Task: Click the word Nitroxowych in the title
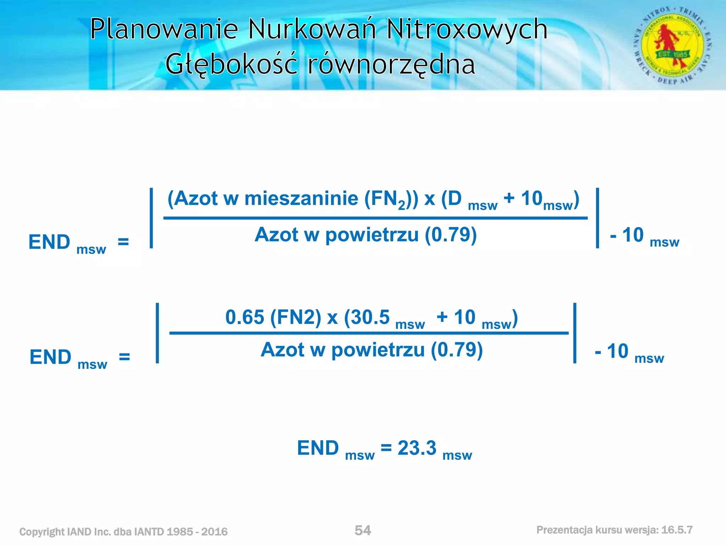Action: [467, 29]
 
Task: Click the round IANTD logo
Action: [672, 46]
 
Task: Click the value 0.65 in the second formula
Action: [245, 317]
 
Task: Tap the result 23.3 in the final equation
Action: [417, 448]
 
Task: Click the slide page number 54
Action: [363, 530]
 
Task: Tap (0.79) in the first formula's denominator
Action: [451, 235]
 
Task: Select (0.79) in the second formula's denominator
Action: [457, 350]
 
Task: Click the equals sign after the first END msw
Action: [123, 242]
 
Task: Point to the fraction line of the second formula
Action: [369, 333]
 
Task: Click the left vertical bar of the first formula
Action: [151, 218]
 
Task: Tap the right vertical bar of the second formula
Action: [575, 333]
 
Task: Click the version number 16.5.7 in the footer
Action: [677, 530]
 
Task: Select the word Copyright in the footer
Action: [41, 532]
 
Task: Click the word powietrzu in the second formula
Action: [378, 350]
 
